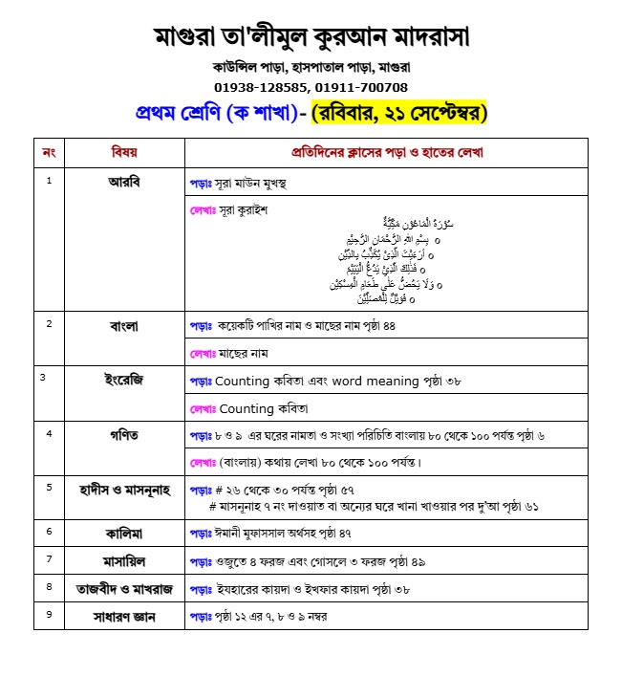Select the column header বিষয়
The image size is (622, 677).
click(x=124, y=152)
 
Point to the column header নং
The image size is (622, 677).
click(x=50, y=152)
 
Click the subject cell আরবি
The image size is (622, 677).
click(x=124, y=181)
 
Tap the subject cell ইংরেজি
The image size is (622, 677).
click(x=124, y=379)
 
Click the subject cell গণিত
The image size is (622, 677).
click(x=124, y=435)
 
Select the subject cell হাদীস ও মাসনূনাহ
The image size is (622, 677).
click(x=124, y=489)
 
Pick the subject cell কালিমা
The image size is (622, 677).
click(x=124, y=530)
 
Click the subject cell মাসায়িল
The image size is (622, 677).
click(x=124, y=558)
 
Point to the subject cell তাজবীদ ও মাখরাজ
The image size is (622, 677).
click(x=124, y=587)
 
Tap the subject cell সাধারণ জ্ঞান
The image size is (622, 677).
click(x=124, y=616)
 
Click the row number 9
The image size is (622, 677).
click(x=49, y=614)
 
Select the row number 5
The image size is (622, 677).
click(x=49, y=487)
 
